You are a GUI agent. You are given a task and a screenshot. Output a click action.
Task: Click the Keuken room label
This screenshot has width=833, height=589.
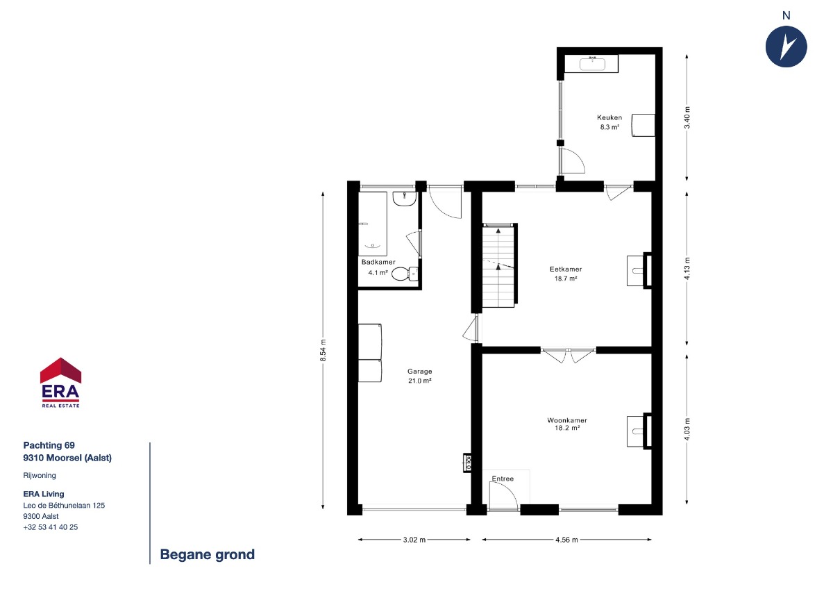click(x=609, y=117)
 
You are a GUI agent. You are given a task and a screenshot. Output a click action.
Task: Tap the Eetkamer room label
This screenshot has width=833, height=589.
click(x=566, y=269)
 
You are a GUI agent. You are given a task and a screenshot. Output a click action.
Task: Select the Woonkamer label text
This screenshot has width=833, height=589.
click(x=567, y=420)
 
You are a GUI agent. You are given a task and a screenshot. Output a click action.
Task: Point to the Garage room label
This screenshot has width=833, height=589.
click(x=419, y=372)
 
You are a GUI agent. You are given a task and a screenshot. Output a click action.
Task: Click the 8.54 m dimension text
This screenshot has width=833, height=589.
click(x=323, y=350)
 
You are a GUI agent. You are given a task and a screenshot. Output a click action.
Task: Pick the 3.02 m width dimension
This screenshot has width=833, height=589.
click(x=414, y=540)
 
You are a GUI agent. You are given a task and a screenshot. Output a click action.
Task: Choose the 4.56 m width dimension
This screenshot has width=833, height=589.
click(x=566, y=540)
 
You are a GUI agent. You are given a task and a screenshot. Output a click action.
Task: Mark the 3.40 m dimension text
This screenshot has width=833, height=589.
click(x=687, y=117)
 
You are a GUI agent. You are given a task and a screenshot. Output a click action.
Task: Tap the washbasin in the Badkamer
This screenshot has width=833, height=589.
click(x=405, y=199)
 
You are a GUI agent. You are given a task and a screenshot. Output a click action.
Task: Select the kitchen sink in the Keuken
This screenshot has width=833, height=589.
click(x=592, y=64)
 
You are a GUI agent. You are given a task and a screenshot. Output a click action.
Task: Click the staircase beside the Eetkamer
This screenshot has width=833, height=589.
click(x=499, y=265)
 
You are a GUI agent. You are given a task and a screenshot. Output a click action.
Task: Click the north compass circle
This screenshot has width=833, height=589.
click(x=786, y=47)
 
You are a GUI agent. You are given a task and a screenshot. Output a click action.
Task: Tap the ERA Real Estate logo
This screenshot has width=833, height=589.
click(x=60, y=383)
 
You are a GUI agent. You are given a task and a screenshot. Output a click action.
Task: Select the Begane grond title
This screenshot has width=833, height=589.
click(x=207, y=555)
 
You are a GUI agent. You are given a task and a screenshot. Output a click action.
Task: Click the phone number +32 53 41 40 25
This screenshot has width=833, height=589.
click(x=51, y=527)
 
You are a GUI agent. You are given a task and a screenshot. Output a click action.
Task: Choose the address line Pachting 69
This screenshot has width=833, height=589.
click(x=49, y=445)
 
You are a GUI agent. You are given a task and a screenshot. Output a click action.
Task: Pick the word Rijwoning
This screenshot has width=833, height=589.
click(x=40, y=476)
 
